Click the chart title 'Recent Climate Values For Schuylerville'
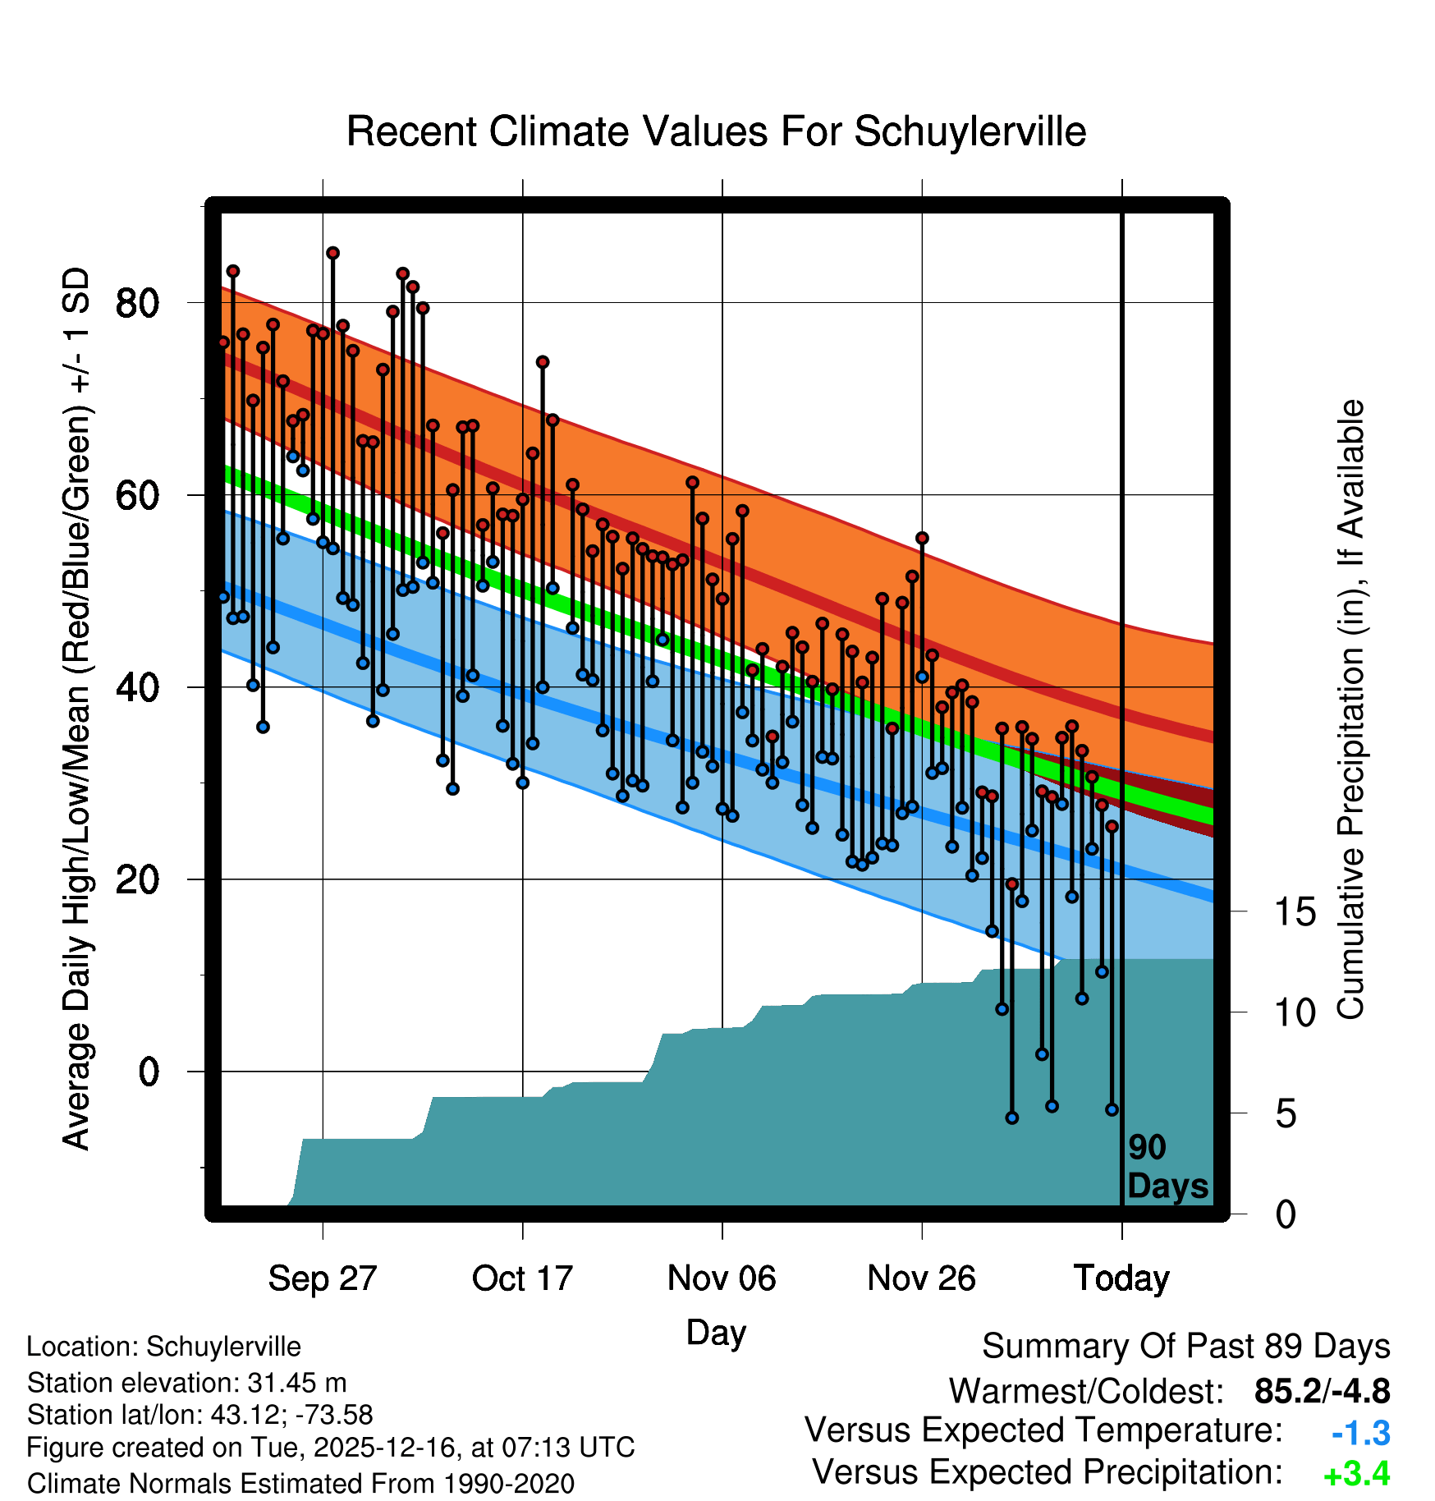[x=716, y=131]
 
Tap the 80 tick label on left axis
[x=137, y=303]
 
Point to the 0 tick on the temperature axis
[x=149, y=1072]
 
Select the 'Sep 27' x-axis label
[x=323, y=1278]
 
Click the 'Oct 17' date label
[x=522, y=1278]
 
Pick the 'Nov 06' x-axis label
[x=722, y=1278]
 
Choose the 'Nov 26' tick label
[x=921, y=1278]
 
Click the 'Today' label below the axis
[x=1121, y=1278]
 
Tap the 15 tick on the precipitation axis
[x=1295, y=911]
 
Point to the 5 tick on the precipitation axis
[x=1286, y=1114]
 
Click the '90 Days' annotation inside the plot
[x=1167, y=1168]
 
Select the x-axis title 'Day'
[x=716, y=1333]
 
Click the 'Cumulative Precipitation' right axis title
[x=1350, y=710]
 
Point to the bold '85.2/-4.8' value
[x=1322, y=1391]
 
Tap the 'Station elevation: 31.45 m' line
[x=186, y=1383]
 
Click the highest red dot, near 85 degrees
[x=332, y=253]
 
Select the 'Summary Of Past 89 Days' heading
[x=1185, y=1347]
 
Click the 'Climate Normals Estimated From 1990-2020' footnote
[x=300, y=1484]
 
